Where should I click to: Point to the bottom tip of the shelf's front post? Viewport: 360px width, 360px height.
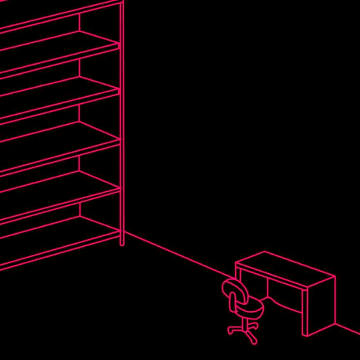click(x=122, y=244)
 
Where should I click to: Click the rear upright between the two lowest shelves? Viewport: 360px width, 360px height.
click(x=79, y=208)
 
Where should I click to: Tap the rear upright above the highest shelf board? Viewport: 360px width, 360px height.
click(x=79, y=21)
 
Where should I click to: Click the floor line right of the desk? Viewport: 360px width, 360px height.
click(x=348, y=329)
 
